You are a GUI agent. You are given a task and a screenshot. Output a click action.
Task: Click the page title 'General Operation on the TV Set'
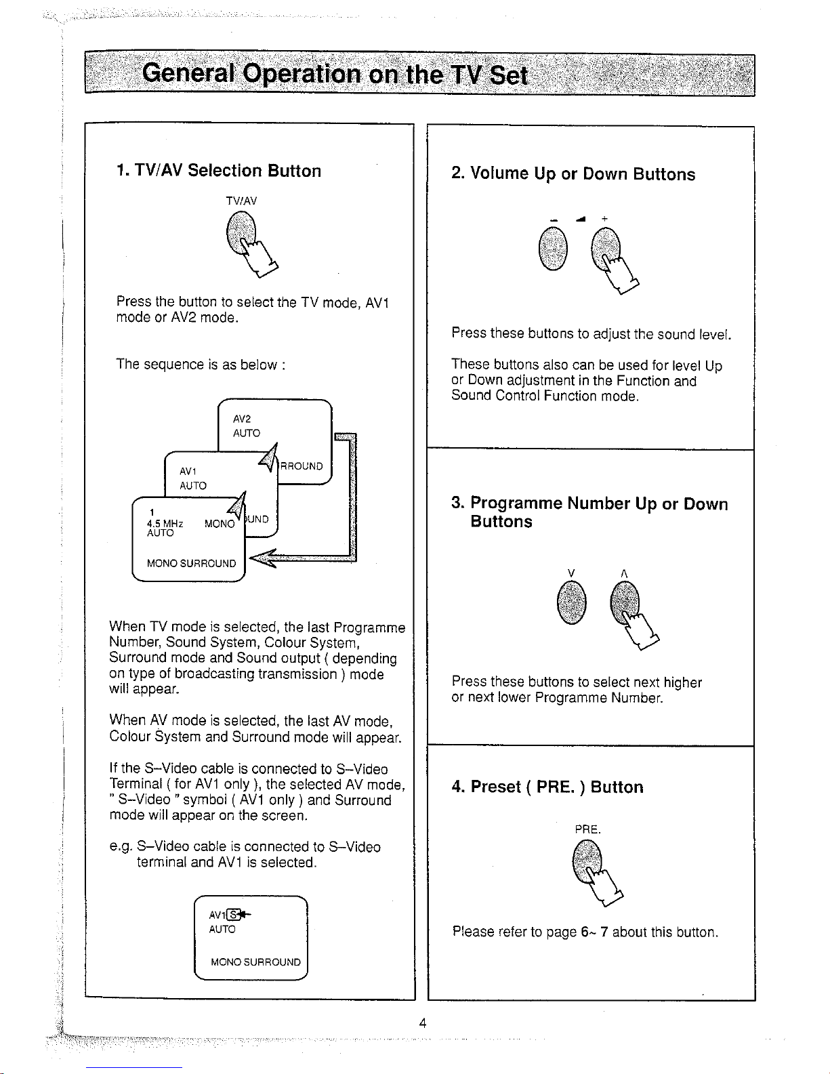[335, 74]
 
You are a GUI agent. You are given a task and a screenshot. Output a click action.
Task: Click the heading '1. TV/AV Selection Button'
[218, 171]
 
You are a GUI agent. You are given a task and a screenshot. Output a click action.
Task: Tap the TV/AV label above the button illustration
[241, 201]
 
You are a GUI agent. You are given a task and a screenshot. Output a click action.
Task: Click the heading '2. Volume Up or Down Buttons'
[573, 174]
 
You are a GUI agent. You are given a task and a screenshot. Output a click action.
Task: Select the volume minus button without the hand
[554, 248]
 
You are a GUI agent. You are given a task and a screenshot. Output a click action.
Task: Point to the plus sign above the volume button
[604, 218]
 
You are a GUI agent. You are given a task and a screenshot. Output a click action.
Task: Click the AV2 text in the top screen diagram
[242, 419]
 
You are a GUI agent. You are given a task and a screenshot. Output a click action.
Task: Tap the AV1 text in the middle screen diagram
[189, 471]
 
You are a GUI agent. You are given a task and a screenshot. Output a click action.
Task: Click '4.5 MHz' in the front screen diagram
[163, 523]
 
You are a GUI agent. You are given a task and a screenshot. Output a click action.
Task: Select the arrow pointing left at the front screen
[264, 558]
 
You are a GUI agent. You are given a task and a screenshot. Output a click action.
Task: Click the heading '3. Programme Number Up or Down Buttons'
[589, 512]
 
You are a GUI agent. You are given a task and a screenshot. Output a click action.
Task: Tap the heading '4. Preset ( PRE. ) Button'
[547, 787]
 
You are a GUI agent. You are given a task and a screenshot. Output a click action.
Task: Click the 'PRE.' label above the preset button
[587, 829]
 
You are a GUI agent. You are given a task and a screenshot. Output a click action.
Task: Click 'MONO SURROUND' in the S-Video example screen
[255, 962]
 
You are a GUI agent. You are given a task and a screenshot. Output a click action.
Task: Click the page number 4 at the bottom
[421, 1023]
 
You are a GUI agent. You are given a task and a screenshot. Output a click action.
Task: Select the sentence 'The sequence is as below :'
[201, 365]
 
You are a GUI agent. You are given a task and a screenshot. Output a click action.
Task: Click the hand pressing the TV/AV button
[261, 257]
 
